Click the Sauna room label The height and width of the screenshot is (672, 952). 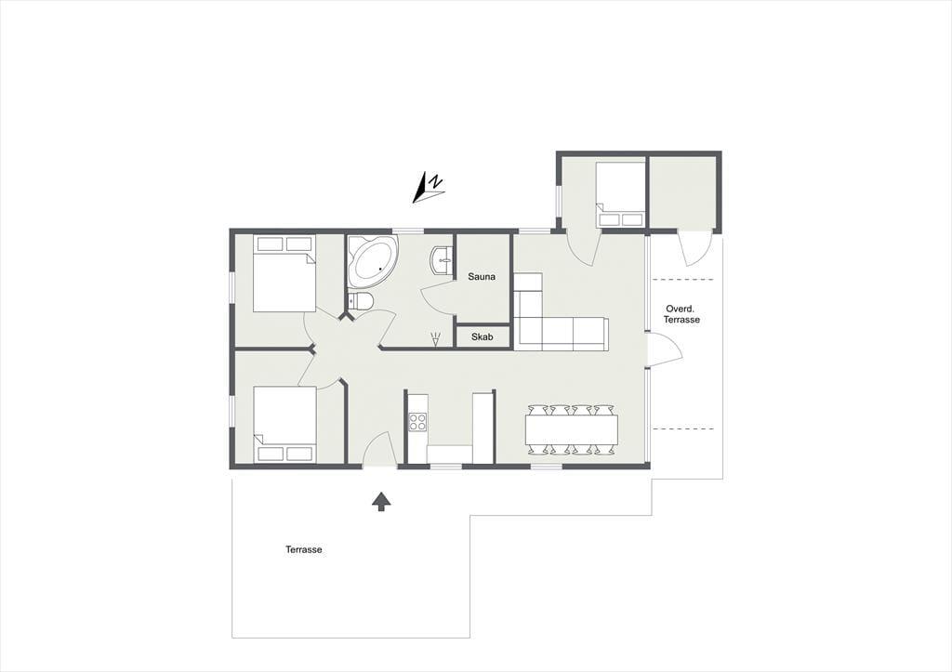[x=482, y=277]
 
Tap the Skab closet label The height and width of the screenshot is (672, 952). [x=483, y=336]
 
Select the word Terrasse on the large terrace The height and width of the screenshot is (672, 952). [x=304, y=550]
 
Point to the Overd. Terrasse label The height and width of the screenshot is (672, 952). [x=681, y=314]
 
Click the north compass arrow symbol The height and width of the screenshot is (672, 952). [x=429, y=188]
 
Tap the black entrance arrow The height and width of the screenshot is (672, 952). [x=380, y=501]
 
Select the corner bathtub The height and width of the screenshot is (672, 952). [x=372, y=262]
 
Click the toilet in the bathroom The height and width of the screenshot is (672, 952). [x=360, y=301]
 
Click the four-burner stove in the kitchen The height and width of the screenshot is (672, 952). [x=417, y=422]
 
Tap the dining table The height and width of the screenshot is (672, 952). [x=572, y=429]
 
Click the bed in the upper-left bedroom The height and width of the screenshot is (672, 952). [x=284, y=274]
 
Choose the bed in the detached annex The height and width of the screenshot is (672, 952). [x=620, y=194]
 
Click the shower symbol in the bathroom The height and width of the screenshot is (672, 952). [x=436, y=339]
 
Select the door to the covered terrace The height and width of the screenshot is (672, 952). [x=665, y=349]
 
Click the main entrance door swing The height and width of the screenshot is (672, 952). [x=379, y=449]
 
